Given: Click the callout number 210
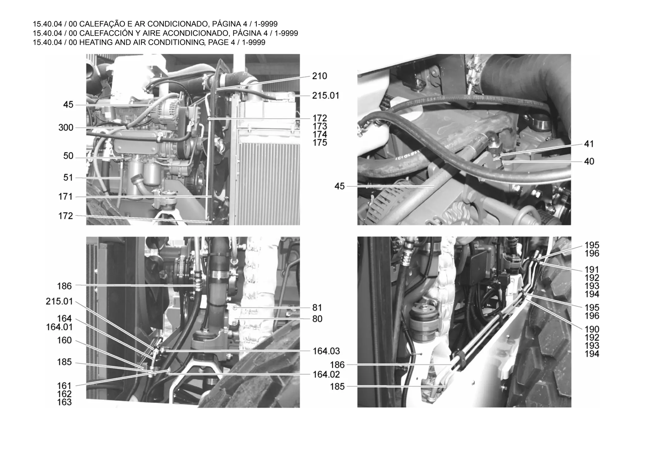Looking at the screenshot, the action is [x=320, y=76].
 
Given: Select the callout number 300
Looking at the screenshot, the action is [x=66, y=128].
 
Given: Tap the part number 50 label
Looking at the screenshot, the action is [x=68, y=156].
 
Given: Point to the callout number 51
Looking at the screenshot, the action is [x=68, y=178].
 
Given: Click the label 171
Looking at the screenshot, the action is [x=66, y=197].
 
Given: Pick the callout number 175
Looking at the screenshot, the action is [x=320, y=143].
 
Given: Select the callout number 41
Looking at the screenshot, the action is [x=589, y=144].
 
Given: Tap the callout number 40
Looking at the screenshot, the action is [x=589, y=162].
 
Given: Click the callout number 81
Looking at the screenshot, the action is [x=317, y=308].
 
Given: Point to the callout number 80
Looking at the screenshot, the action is [x=317, y=319].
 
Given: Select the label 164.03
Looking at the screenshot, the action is [x=326, y=351].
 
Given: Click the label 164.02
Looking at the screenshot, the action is [x=326, y=374].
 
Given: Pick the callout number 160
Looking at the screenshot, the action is [x=65, y=341].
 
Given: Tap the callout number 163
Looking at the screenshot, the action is [x=64, y=402].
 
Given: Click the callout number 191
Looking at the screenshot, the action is [x=592, y=270].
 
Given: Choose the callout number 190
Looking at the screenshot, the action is [x=592, y=330].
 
